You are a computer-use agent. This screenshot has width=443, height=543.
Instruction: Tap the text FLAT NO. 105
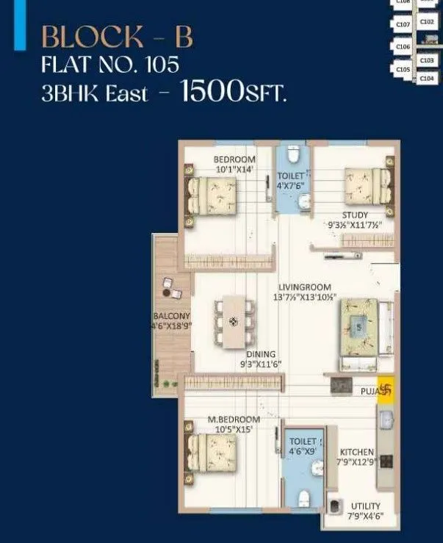coord(110,64)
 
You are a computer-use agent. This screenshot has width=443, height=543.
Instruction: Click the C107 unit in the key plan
coord(403,25)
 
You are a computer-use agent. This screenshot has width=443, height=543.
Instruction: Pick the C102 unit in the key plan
coord(427,22)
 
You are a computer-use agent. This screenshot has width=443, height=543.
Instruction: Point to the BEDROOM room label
coord(234,159)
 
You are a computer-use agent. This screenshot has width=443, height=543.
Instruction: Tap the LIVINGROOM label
coord(304,287)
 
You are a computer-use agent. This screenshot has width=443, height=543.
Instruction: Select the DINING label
coord(261,354)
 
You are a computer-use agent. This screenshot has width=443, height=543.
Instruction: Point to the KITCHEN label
coord(356,452)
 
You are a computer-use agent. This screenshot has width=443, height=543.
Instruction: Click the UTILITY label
coord(365,506)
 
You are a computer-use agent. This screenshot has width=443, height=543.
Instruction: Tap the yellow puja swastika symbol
coord(388,391)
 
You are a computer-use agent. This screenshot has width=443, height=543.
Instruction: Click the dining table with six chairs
coord(233,321)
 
